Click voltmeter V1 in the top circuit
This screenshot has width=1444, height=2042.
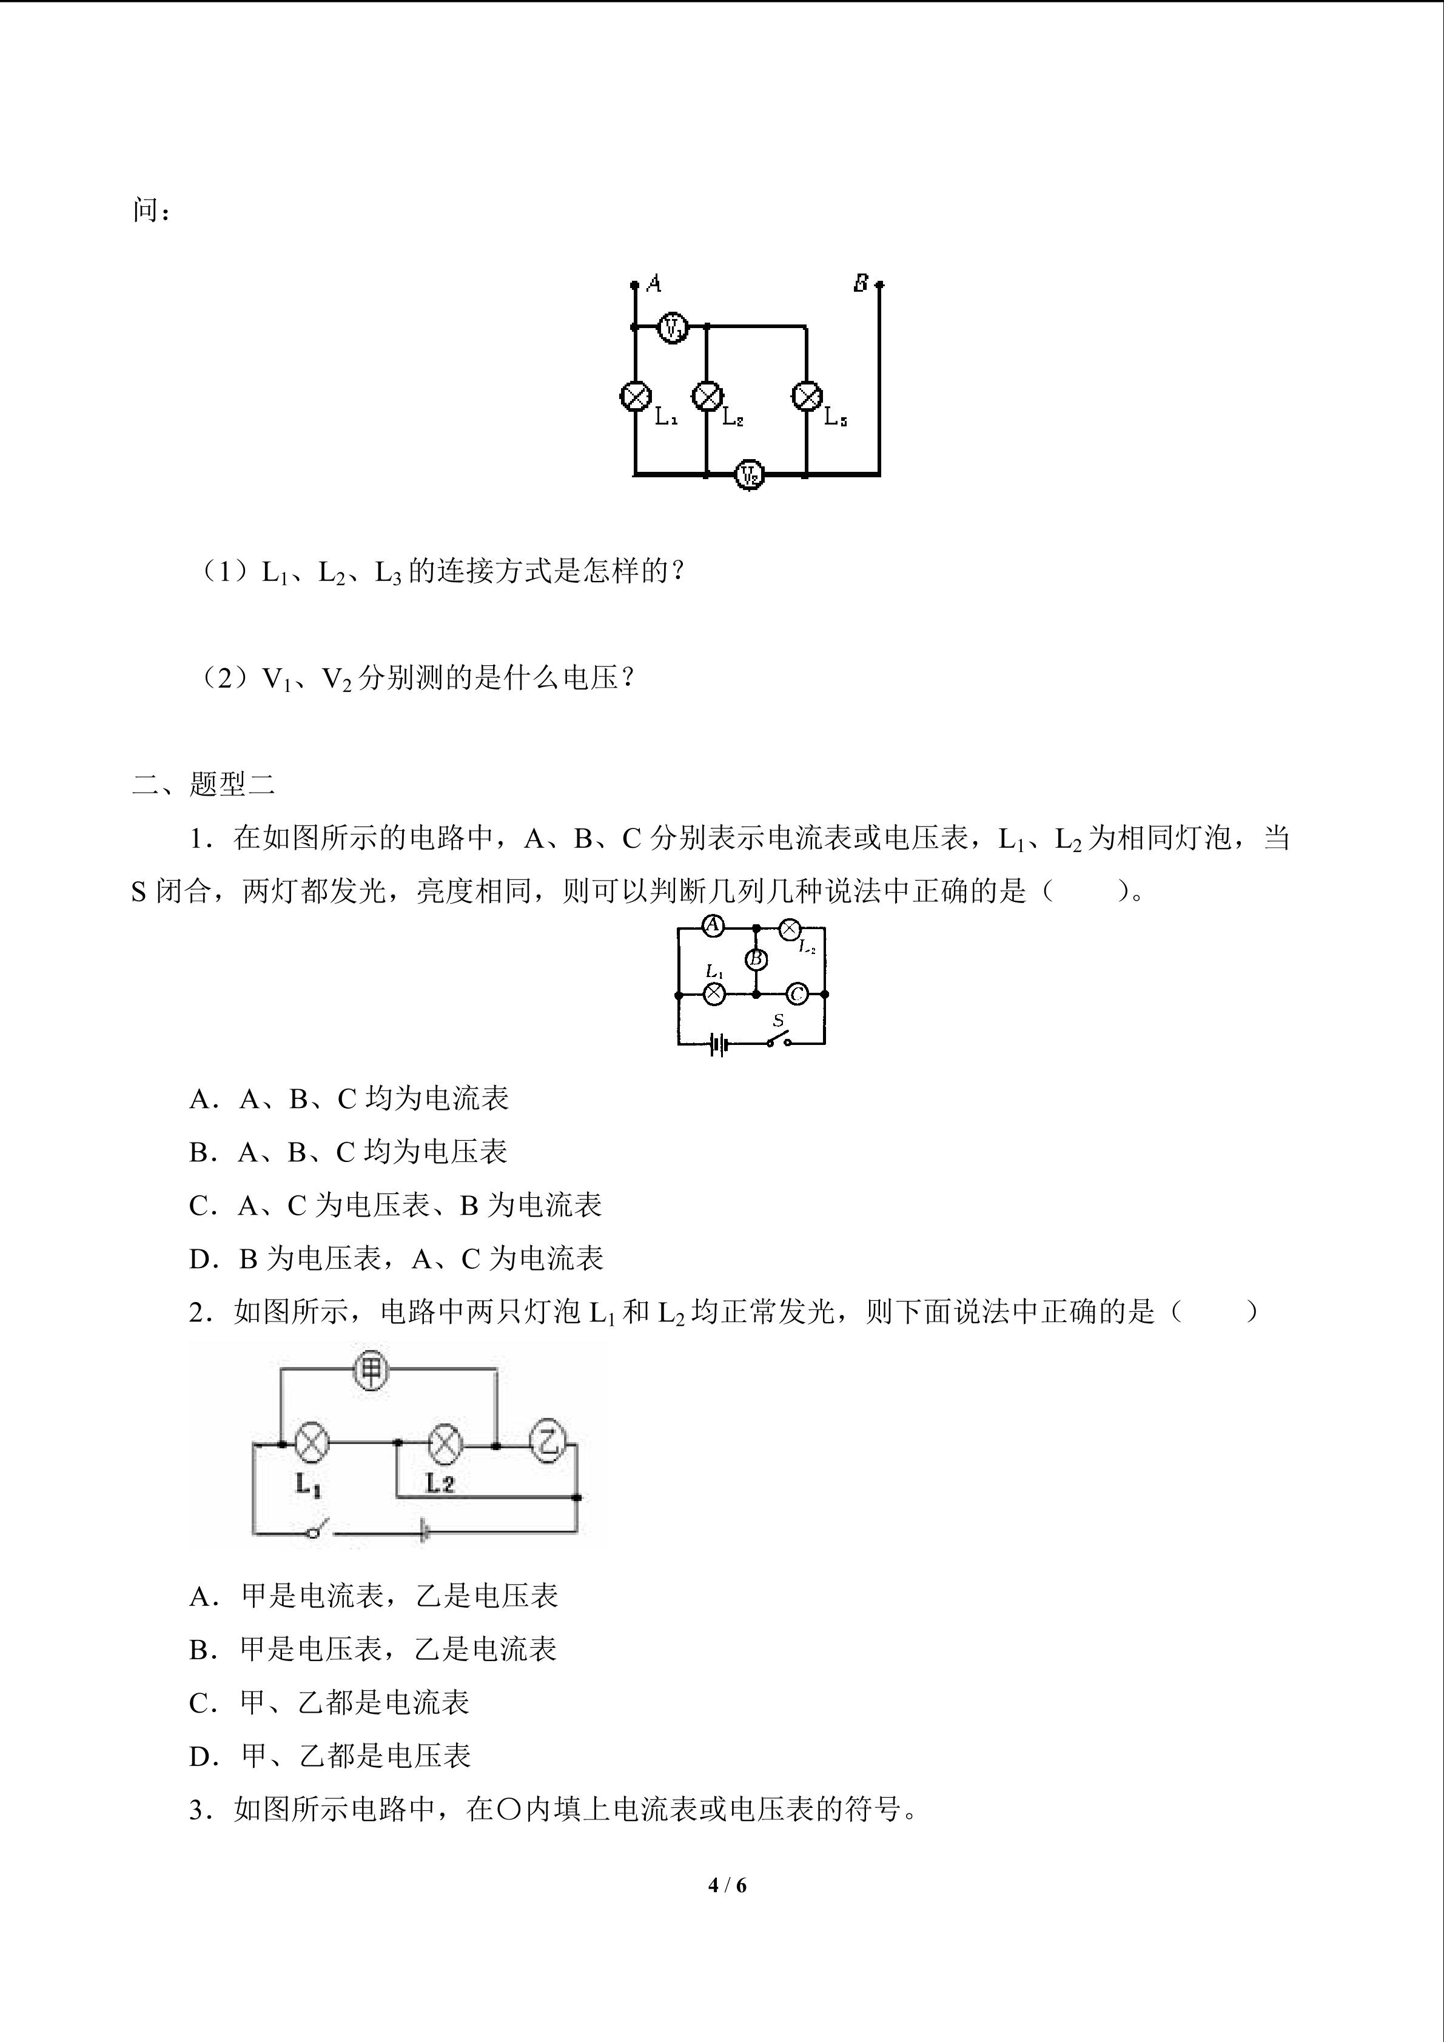(673, 328)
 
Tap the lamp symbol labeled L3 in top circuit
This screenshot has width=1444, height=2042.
(807, 396)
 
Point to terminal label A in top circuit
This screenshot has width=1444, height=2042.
(654, 284)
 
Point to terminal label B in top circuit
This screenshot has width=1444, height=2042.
(861, 284)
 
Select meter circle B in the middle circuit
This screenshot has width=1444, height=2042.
(756, 959)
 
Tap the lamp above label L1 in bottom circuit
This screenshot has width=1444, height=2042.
(311, 1443)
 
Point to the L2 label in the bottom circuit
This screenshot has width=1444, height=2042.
(440, 1483)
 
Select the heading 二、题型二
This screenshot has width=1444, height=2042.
(204, 784)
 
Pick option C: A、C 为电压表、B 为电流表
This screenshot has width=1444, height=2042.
(395, 1205)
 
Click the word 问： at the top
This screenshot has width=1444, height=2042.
(151, 211)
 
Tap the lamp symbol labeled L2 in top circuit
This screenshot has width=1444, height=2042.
(708, 396)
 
